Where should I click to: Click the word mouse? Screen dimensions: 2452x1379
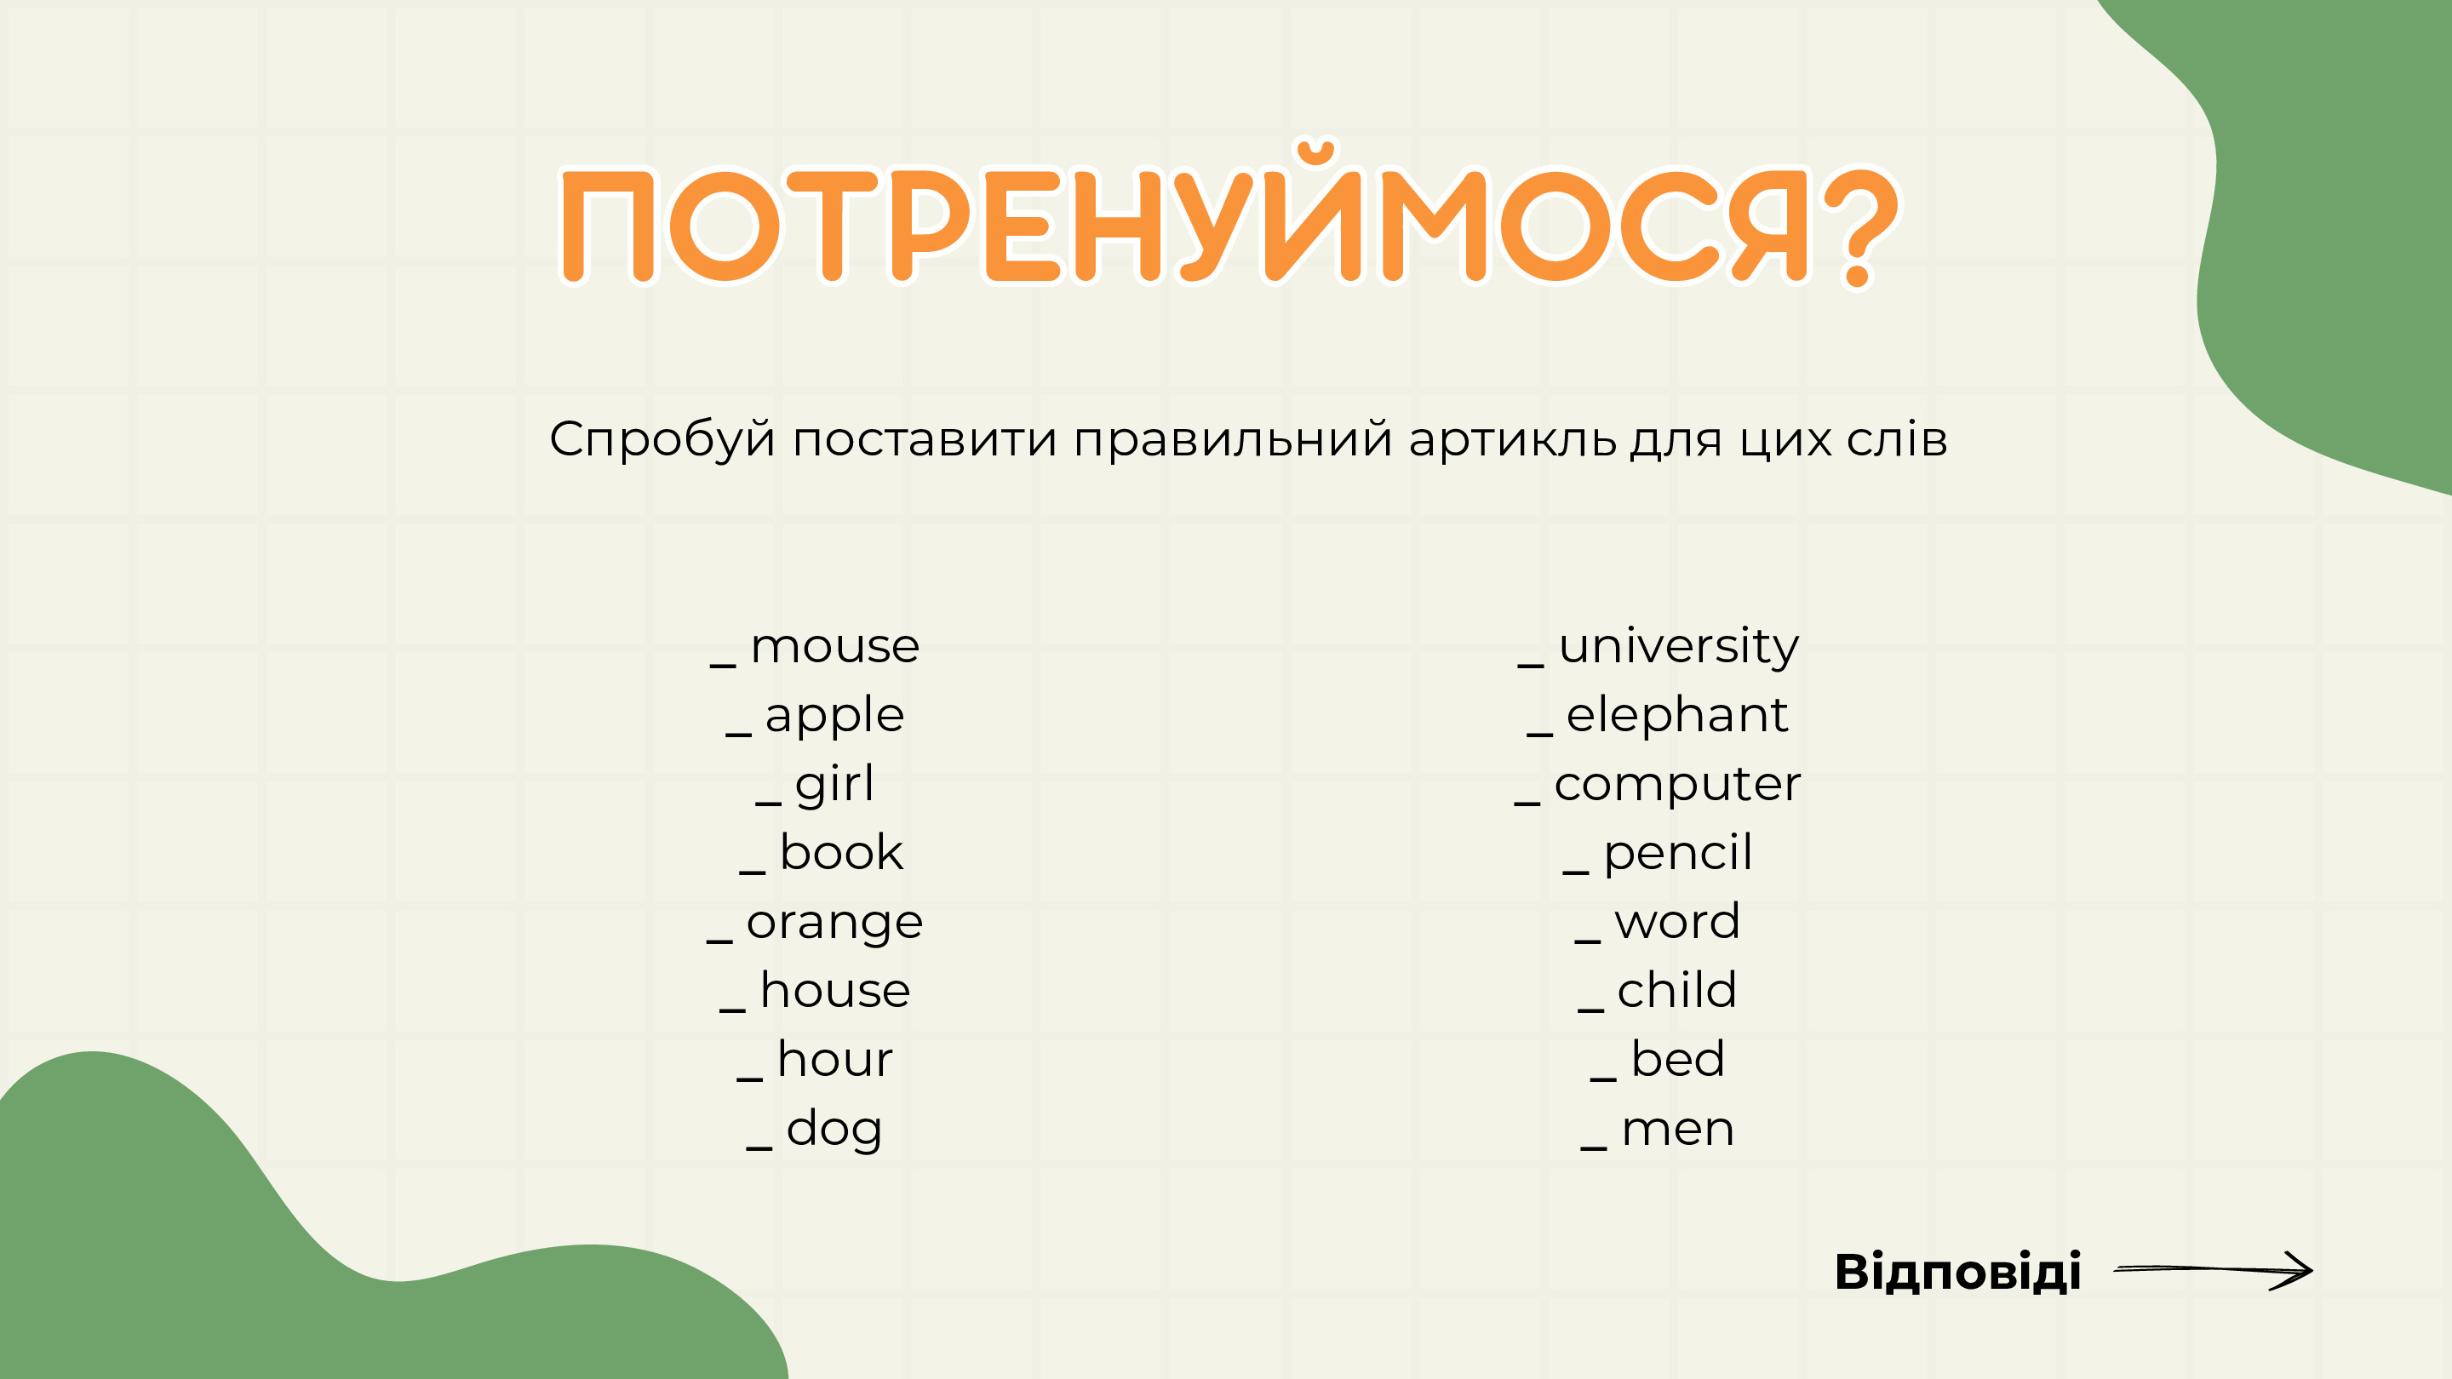834,647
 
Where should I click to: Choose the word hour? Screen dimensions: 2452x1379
834,1059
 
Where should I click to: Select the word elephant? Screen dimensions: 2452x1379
1677,716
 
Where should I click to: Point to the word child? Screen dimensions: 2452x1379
1677,990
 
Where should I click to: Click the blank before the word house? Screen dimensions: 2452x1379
732,1010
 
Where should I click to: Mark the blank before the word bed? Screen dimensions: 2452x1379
1603,1079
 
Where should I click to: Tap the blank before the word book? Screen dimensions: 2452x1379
752,872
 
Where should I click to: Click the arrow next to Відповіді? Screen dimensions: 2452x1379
2213,1269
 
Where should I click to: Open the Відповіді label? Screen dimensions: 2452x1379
1957,1273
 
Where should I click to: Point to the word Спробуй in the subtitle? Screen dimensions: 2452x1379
662,441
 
